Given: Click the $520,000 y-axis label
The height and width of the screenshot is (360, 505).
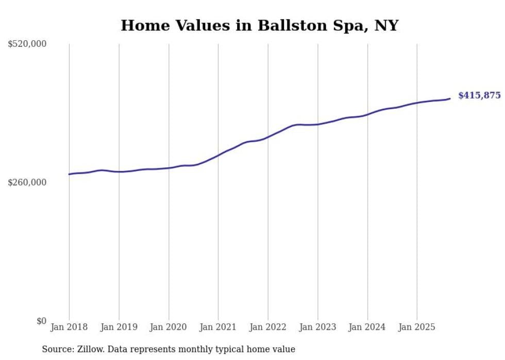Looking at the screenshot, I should point(27,44).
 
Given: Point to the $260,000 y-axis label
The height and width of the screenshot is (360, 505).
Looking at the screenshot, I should point(27,182).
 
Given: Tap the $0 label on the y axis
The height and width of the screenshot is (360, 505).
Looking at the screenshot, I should point(41,321).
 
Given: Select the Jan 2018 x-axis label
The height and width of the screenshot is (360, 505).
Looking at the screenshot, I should point(69,327).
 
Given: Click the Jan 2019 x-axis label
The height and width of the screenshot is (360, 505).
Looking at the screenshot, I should point(119,327).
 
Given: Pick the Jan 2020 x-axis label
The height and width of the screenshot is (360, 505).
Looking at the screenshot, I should point(169,327).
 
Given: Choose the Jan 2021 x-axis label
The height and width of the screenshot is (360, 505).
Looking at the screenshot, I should point(218,327).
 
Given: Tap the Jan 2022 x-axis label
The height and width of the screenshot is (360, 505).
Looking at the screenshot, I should point(268,327).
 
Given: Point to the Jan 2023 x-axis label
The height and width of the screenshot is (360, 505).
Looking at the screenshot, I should point(317,327).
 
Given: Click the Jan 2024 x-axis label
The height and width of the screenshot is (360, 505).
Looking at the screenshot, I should point(367,327).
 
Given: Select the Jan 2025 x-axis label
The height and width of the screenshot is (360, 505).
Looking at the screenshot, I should point(417,327).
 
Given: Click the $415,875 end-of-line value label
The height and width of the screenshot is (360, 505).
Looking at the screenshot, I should point(479,95).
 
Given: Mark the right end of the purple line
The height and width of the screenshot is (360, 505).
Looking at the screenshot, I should point(450,98).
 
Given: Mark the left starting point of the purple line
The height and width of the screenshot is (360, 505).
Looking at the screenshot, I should point(69,174).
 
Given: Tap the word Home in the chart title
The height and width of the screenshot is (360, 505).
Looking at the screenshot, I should point(141,25).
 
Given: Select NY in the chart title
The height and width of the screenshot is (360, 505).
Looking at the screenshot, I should point(388,25).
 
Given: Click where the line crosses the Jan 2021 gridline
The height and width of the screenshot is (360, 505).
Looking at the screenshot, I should point(218,155).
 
